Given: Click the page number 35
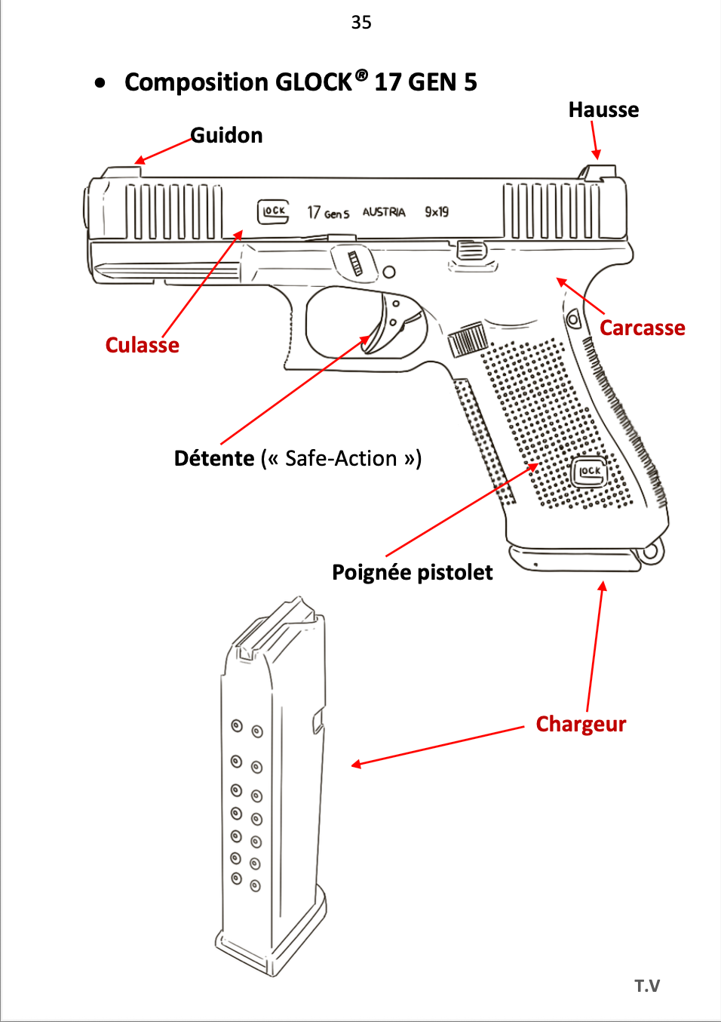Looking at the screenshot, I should pos(361,23).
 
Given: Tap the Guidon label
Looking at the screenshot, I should pos(226,136).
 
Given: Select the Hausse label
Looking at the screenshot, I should pos(603,110).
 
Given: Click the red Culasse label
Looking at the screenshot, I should pos(143,346).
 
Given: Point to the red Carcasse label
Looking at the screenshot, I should pos(643,328).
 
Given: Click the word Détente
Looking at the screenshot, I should pos(214,459).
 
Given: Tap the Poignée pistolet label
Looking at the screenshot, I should pos(413,573).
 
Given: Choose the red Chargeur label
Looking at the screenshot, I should pos(581,725).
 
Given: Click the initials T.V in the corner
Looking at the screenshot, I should pos(647,986).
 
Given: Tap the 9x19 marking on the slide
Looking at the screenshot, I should pos(437,212).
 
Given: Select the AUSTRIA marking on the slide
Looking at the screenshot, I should pos(384,212).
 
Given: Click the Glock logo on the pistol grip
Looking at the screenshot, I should pos(589,472).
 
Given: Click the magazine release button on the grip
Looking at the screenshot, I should pos(468,340).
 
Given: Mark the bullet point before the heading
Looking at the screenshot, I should pos(100,83).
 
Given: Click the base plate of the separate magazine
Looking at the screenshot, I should pos(272,944).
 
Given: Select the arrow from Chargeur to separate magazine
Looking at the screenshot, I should pos(437,746).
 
